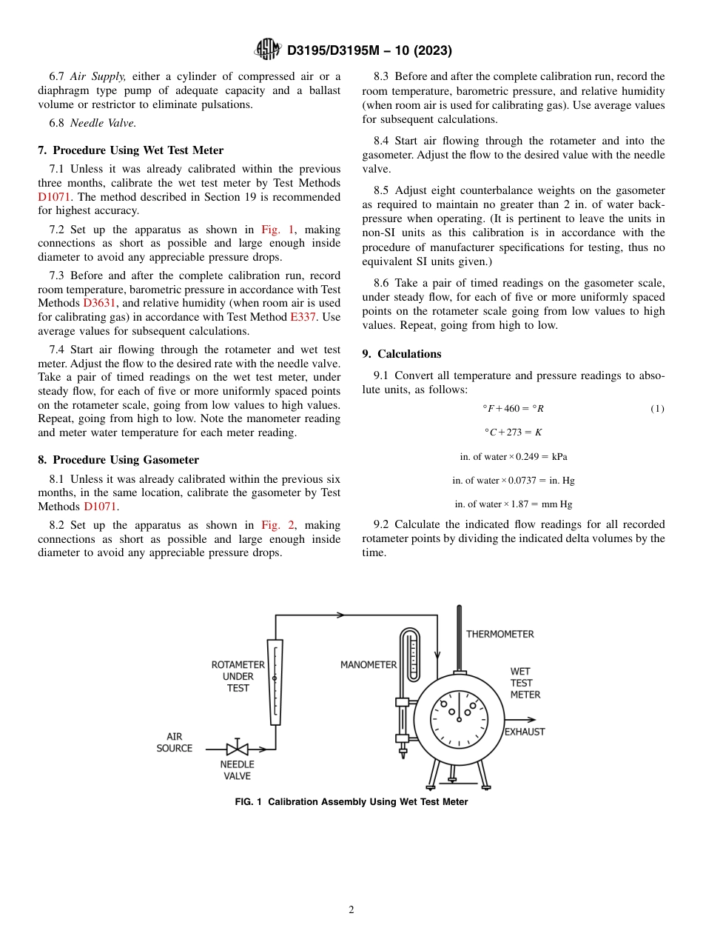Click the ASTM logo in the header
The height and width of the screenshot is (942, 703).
click(x=268, y=50)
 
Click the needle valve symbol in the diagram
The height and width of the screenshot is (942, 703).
click(x=237, y=749)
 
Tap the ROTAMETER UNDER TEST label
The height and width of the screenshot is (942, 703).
click(x=238, y=676)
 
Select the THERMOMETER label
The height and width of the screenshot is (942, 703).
click(x=499, y=634)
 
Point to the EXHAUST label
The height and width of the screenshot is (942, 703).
click(x=525, y=732)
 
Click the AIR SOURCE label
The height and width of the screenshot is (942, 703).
click(x=174, y=742)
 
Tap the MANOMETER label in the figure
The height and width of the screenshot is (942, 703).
click(x=369, y=664)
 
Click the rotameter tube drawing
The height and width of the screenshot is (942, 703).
click(x=275, y=682)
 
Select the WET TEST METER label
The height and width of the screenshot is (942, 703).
click(x=525, y=683)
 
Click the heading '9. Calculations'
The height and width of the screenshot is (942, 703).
click(x=402, y=354)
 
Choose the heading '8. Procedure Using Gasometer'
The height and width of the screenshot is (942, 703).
click(x=118, y=460)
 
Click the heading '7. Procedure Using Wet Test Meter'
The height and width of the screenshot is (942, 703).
click(x=130, y=150)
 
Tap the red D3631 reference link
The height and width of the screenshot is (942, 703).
click(x=98, y=303)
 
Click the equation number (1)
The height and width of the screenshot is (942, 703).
click(x=657, y=409)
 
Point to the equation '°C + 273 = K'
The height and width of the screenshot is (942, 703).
click(x=513, y=432)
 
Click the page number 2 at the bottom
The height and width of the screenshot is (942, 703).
click(x=351, y=910)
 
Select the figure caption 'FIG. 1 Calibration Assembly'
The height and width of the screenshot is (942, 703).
click(x=351, y=801)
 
